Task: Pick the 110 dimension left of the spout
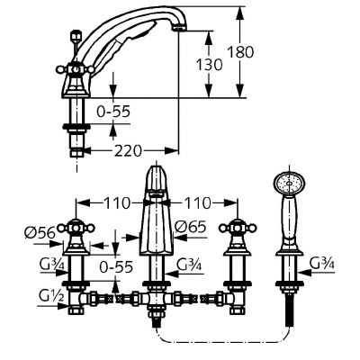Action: [113, 203]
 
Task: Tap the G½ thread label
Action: [51, 296]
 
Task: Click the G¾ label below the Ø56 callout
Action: [51, 264]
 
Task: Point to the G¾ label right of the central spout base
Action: [190, 265]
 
